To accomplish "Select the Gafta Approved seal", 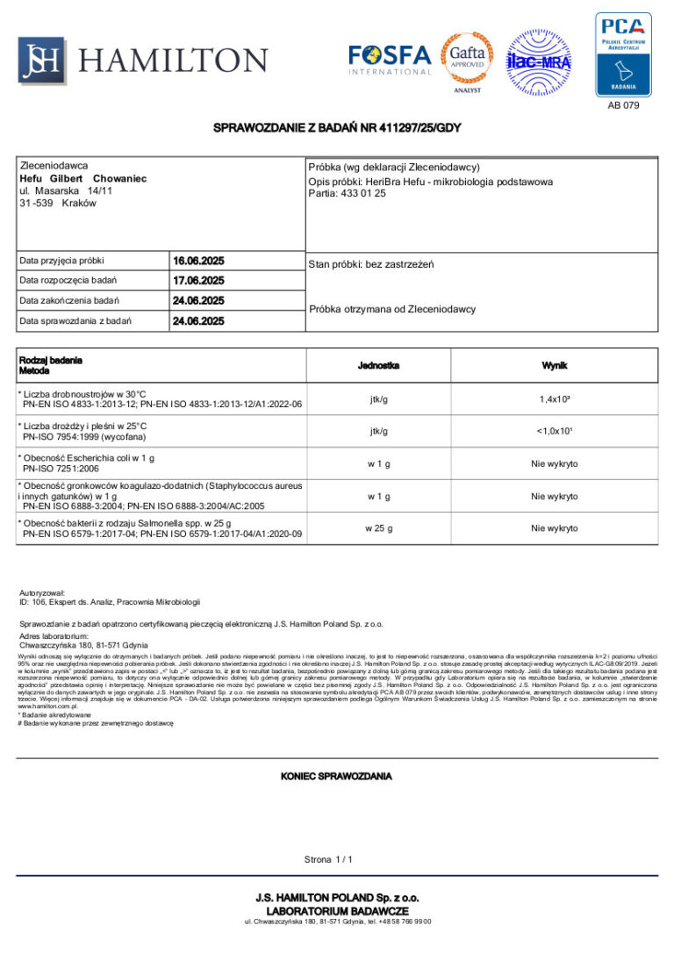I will [x=467, y=59].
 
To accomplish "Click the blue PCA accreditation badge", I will [x=623, y=54].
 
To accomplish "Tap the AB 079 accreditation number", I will [x=623, y=105].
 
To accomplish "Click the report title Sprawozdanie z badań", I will [x=337, y=128].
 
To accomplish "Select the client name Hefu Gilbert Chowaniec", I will [x=82, y=178].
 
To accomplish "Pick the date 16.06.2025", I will [x=198, y=261].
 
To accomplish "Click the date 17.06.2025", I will [x=198, y=281].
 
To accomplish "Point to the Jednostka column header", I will [x=379, y=364].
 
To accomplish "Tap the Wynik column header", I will [x=554, y=364].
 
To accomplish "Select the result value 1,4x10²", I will [x=554, y=399].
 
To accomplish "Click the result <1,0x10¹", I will [x=554, y=431].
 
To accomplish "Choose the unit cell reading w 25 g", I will [x=379, y=528].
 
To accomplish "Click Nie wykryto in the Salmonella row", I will [x=554, y=528].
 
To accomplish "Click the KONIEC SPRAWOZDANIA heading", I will [x=336, y=777].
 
